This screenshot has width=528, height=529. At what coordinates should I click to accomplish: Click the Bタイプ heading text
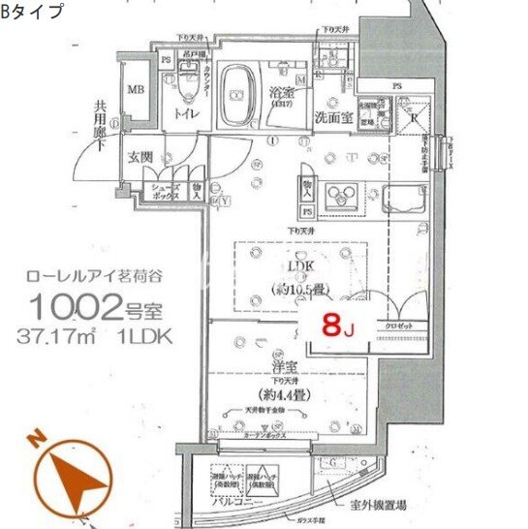[x=34, y=12]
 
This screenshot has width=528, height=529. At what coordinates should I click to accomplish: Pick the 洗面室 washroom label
[x=332, y=116]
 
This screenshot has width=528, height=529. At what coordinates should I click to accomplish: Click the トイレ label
[x=186, y=115]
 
